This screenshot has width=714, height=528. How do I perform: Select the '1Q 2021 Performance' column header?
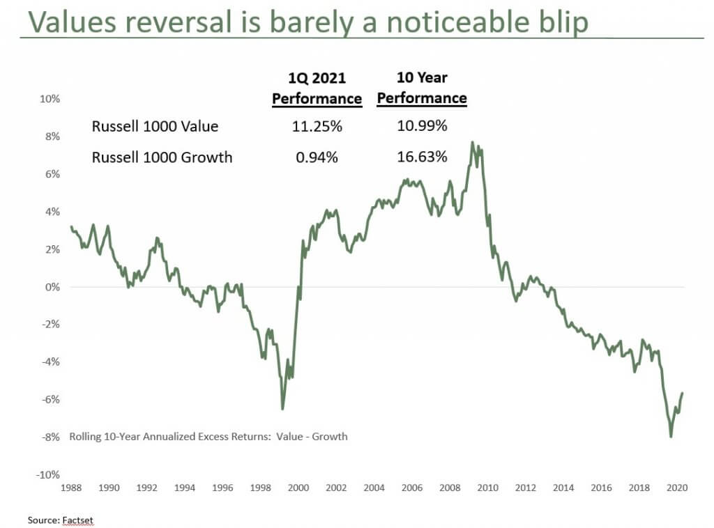[317, 89]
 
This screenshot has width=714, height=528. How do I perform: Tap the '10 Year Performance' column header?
[422, 88]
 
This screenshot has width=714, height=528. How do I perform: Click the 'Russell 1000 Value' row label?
[155, 126]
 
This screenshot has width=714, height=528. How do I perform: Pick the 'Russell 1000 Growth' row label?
[162, 157]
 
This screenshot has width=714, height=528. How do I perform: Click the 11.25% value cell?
[317, 126]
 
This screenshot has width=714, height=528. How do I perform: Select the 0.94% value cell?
[317, 157]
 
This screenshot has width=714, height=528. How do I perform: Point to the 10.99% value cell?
[422, 126]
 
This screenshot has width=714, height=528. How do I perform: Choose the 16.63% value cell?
[422, 157]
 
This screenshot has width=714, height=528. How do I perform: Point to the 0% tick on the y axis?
[52, 287]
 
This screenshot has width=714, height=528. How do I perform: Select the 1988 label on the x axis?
[71, 488]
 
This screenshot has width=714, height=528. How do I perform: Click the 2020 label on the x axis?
[676, 488]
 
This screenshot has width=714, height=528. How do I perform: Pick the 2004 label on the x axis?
[374, 488]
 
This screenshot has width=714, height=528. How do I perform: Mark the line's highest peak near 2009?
[472, 142]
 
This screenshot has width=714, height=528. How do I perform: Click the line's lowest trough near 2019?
[671, 437]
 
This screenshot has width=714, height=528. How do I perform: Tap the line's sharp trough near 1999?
[282, 409]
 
